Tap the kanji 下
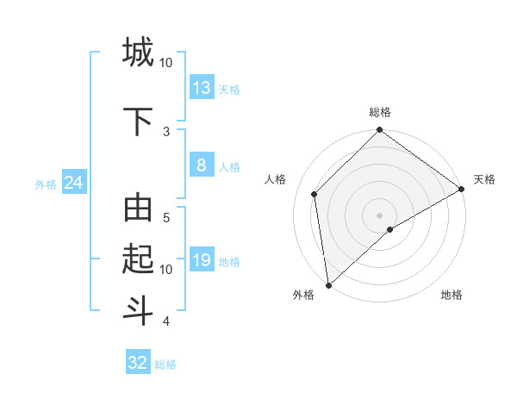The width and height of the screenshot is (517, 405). (x=138, y=120)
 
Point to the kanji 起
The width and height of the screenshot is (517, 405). (x=138, y=258)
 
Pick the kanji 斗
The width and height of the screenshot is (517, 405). (x=138, y=308)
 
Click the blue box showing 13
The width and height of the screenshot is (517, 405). (x=202, y=88)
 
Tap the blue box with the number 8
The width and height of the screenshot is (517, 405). (x=202, y=165)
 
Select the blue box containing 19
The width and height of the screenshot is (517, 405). (x=202, y=260)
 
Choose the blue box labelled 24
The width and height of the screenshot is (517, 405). (x=73, y=183)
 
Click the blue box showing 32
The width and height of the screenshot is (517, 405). (x=138, y=363)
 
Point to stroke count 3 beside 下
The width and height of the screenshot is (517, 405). (x=166, y=131)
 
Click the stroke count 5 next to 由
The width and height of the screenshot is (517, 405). (x=166, y=218)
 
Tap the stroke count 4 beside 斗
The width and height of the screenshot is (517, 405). (x=166, y=321)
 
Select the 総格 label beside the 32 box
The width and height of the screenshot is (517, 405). (x=165, y=364)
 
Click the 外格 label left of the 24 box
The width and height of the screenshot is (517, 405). (x=46, y=184)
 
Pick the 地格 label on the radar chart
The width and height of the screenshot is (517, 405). (x=452, y=295)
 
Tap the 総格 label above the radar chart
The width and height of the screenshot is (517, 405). (x=380, y=112)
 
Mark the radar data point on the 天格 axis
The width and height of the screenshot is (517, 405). (x=462, y=190)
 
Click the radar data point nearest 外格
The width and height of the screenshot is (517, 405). (x=328, y=284)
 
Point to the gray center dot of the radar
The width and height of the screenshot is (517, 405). (x=379, y=215)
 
